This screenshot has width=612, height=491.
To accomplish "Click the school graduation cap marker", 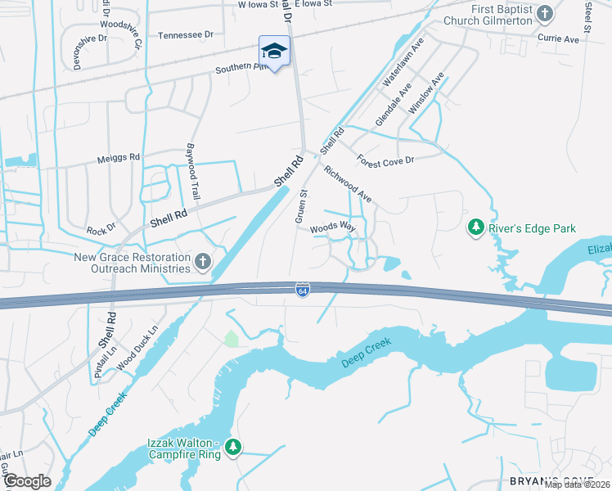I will (x=275, y=52).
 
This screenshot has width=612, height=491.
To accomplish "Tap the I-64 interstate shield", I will (x=302, y=291).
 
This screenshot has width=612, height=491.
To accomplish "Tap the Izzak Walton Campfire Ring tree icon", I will (x=234, y=446).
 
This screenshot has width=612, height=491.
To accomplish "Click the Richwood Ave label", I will (x=348, y=185).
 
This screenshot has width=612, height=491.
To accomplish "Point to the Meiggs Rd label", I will (x=119, y=156).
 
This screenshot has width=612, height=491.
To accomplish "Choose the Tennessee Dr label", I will (x=185, y=35).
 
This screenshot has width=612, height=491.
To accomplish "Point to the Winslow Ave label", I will (x=425, y=92).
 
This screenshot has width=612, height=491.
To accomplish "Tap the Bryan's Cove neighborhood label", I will (x=560, y=480).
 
